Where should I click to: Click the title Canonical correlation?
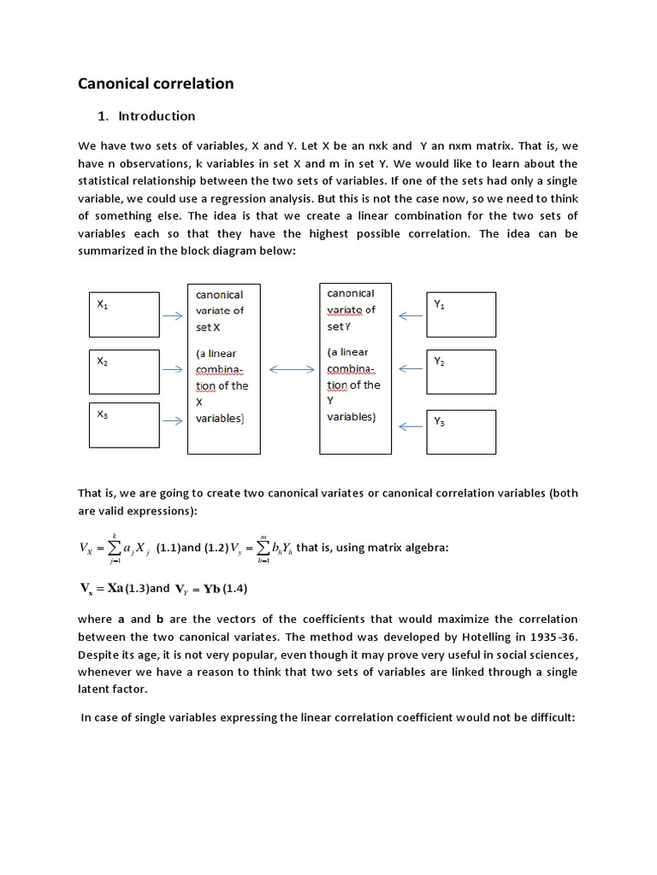coord(156,84)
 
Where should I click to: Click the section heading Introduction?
coord(157,116)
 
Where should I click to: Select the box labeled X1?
coord(124,315)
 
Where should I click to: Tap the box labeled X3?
coord(124,426)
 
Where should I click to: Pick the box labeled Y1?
coord(460,314)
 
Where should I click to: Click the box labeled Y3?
coord(460,432)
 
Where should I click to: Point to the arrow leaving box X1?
coord(173,315)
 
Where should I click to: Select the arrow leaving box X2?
coord(173,369)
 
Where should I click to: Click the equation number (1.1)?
coord(168,549)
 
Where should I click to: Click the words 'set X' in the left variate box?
coord(208,327)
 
